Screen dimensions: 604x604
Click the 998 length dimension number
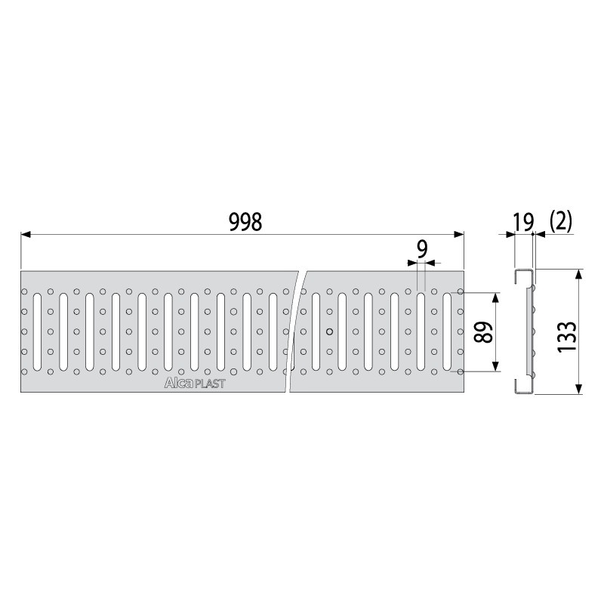pos(245,222)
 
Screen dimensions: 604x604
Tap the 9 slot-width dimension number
pos(423,250)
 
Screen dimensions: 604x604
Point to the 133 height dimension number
pos(567,336)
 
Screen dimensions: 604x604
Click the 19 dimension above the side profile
pos(523,222)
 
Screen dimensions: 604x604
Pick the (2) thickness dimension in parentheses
pos(561,220)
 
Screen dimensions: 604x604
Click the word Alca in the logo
pos(178,383)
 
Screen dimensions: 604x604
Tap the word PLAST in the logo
pos(209,384)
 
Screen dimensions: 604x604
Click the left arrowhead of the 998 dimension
pos(26,234)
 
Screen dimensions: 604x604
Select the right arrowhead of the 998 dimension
pos(459,234)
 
